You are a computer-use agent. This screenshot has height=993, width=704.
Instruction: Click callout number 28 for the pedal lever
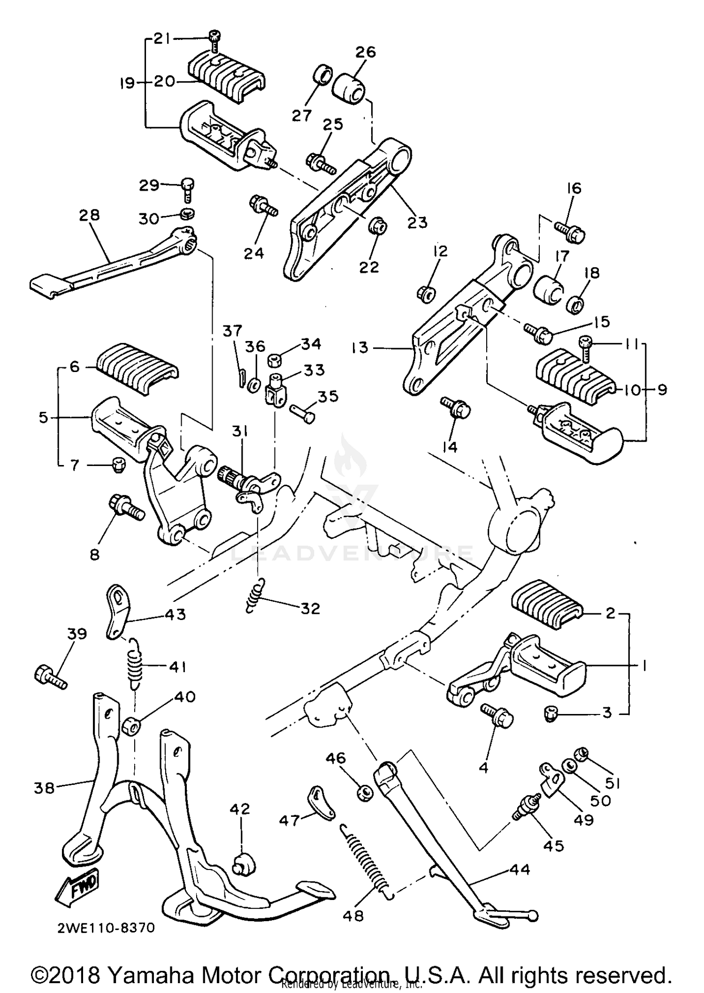pos(89,215)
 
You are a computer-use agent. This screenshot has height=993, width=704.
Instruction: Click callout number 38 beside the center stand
pos(44,788)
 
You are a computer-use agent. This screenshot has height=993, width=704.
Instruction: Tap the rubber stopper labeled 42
pos(244,863)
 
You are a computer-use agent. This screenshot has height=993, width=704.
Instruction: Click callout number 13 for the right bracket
pos(360,348)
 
